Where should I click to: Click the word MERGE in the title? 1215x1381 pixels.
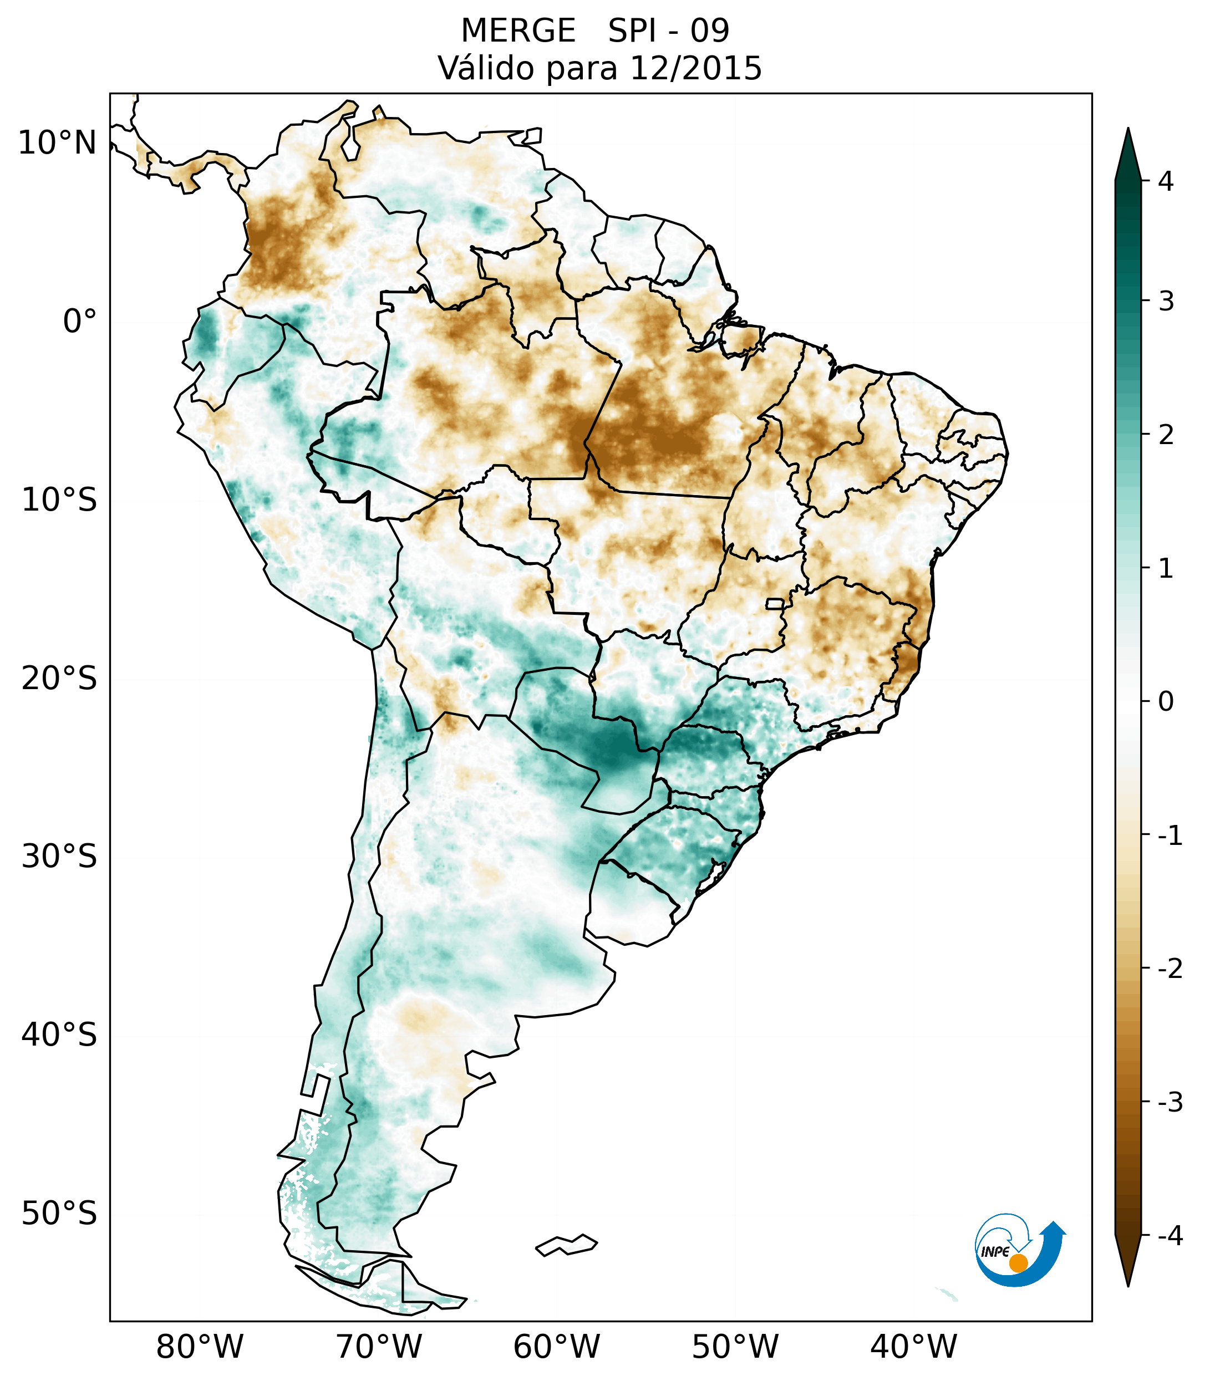click(518, 31)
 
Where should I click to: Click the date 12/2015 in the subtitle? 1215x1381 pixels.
click(695, 68)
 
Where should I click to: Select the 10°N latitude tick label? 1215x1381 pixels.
click(58, 143)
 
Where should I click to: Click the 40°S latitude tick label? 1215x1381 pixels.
click(59, 1035)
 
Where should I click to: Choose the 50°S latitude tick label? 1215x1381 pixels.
click(59, 1214)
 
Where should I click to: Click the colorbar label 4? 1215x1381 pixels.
click(1166, 181)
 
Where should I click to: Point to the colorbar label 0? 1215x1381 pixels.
click(1166, 701)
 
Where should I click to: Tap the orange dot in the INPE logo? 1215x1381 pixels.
click(1018, 1263)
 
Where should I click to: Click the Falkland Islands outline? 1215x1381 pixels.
click(566, 1245)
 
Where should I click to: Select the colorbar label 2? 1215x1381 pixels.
click(1166, 435)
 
